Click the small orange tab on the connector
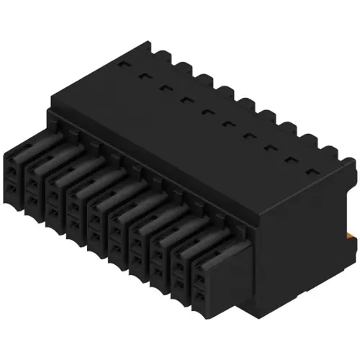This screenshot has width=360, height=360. pyautogui.click(x=351, y=235)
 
